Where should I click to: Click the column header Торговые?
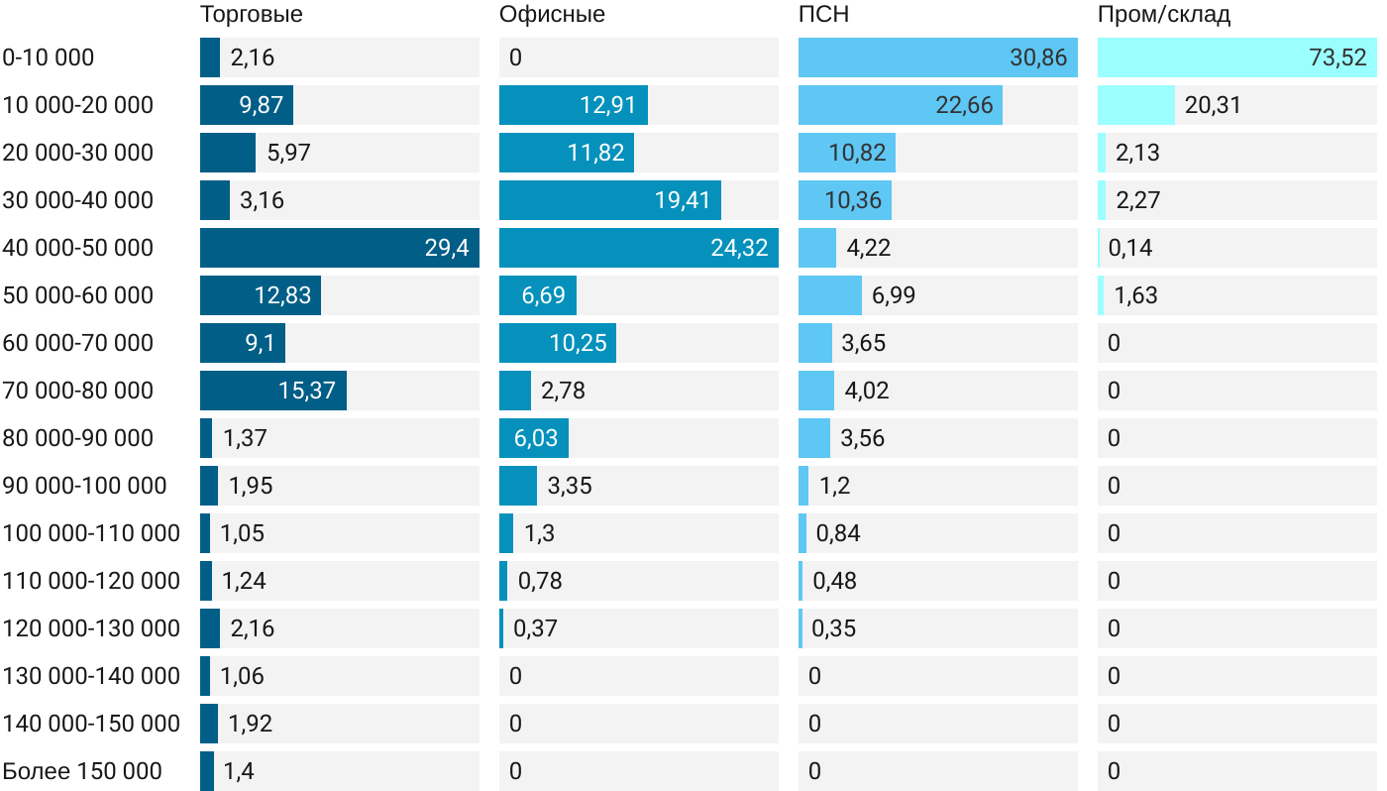coord(252,15)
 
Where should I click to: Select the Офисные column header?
coord(552,15)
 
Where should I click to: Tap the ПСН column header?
coord(823,15)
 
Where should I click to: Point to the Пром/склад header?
coord(1164,15)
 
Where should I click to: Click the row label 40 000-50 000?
coord(78,248)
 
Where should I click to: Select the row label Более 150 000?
coord(82,771)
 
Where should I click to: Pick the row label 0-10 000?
coord(49,57)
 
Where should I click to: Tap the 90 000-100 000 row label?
coord(85,486)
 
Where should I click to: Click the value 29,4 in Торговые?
coord(447,248)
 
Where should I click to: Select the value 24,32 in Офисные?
coord(739,248)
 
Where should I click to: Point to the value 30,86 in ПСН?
coord(1038,57)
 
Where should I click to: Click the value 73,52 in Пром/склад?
coord(1337,57)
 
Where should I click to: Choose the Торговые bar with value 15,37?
coord(273,391)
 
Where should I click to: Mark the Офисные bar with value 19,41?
coord(610,200)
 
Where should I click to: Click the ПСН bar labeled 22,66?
coord(901,105)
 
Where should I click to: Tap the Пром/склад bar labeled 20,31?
coord(1136,105)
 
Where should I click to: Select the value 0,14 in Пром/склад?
coord(1130,248)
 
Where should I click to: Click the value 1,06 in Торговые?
coord(242,676)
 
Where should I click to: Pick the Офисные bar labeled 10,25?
coord(558,343)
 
